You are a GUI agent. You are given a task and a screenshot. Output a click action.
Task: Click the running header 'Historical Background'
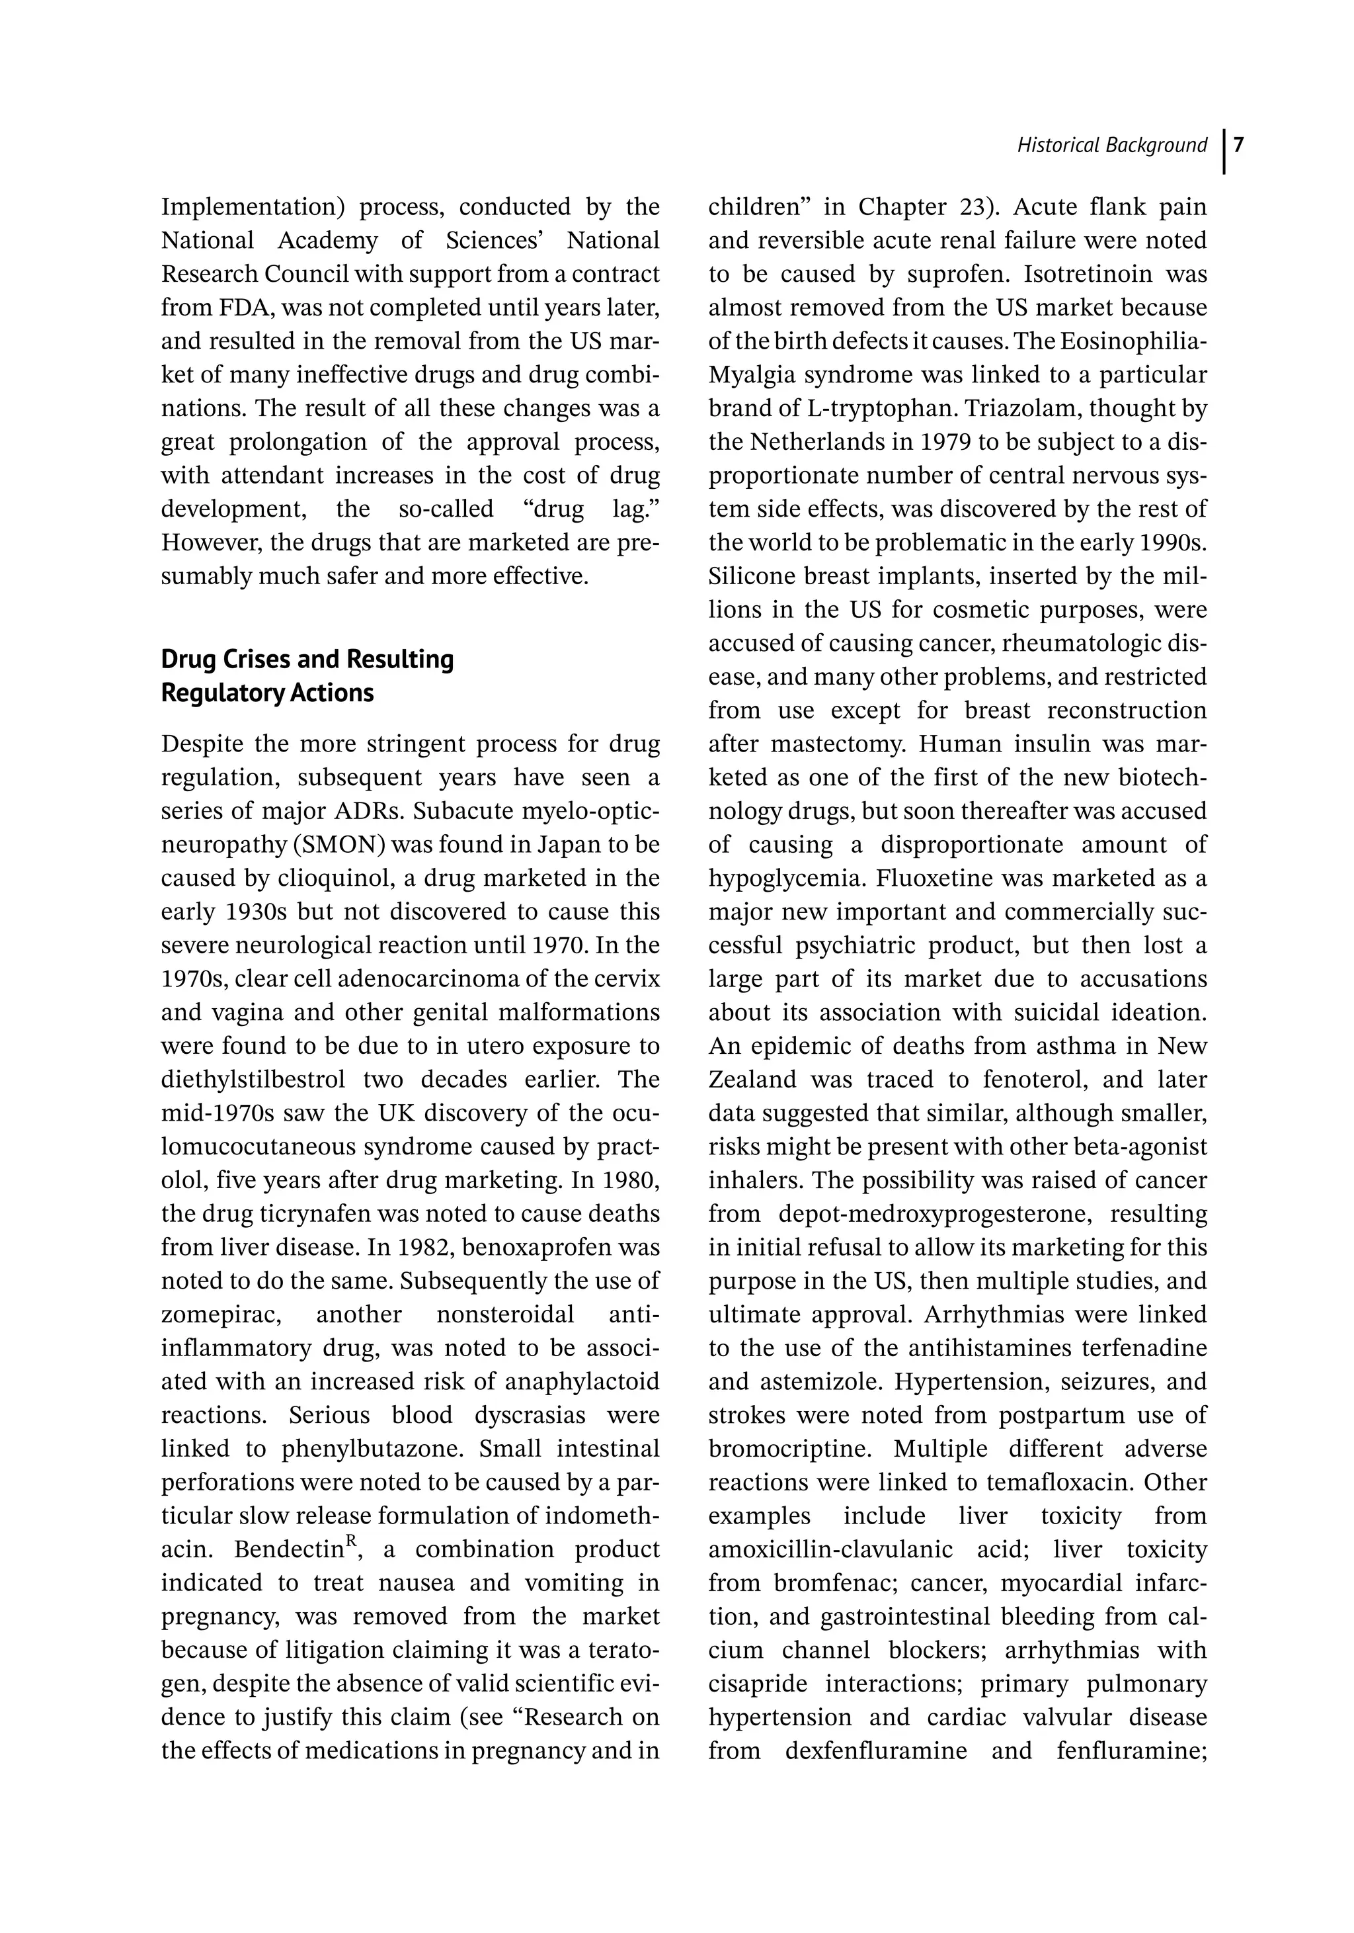point(1111,146)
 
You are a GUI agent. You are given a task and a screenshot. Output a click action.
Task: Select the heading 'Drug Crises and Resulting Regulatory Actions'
point(307,675)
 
